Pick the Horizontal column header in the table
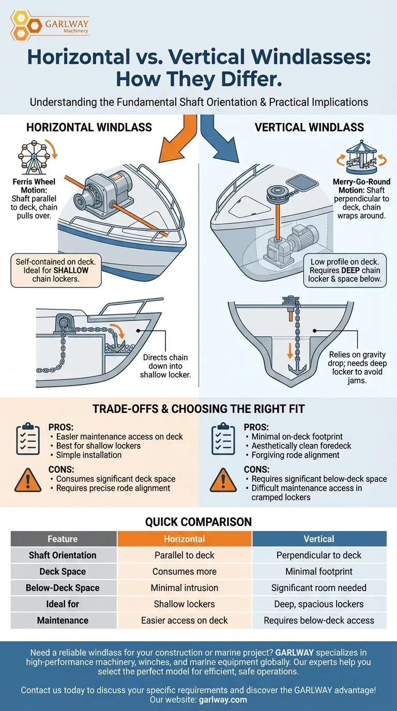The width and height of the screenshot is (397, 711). (185, 539)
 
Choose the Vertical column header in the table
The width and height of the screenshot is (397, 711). (319, 539)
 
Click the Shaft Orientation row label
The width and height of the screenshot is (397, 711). (63, 555)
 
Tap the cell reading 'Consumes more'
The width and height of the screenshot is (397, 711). (185, 571)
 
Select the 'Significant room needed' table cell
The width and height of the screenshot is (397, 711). (319, 588)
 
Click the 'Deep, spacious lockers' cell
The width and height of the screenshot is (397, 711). (319, 604)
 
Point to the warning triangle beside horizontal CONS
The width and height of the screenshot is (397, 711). (27, 480)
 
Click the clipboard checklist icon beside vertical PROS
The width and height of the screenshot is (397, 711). (223, 439)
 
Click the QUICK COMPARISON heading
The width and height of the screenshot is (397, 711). (198, 522)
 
